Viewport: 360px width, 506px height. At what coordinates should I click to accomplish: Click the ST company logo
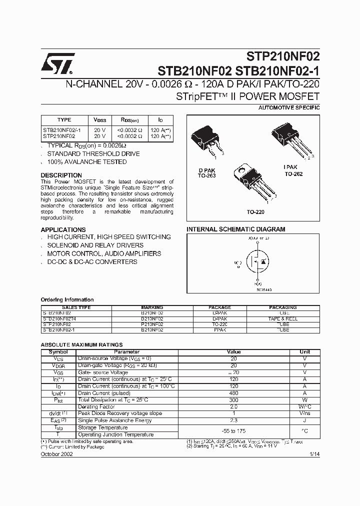click(57, 63)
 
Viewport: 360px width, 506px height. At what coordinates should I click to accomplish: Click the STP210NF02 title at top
click(282, 56)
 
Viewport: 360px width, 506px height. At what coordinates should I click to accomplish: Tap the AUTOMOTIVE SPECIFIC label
click(289, 108)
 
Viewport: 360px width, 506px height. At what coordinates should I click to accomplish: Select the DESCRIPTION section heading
click(61, 175)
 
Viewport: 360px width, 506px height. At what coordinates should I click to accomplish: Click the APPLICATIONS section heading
click(63, 229)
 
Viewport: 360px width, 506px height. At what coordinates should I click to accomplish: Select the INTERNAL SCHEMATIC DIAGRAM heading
click(236, 229)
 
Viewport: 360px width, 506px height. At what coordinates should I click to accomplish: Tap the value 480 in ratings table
click(233, 393)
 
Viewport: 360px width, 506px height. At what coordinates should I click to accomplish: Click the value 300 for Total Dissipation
click(233, 400)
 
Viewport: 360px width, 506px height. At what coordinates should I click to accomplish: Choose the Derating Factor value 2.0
click(233, 407)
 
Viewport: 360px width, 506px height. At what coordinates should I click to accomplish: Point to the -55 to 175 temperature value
click(233, 431)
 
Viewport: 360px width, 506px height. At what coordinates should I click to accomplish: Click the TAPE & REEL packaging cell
click(283, 318)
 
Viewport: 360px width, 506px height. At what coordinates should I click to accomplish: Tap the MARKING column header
click(152, 307)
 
